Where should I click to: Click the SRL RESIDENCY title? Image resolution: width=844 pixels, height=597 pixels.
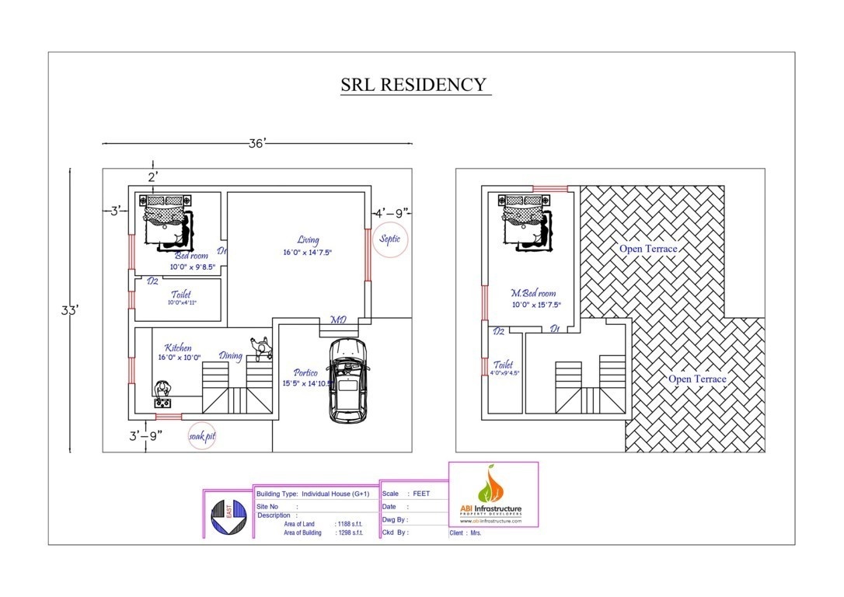(x=415, y=85)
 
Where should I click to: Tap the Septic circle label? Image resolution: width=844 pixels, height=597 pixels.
(x=390, y=239)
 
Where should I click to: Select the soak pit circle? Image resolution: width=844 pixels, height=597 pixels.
(x=201, y=436)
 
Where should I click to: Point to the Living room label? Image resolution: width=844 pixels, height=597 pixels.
(x=308, y=240)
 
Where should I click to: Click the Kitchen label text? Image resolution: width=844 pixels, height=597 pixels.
(x=177, y=348)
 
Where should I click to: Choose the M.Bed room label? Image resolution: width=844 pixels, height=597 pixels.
(x=533, y=293)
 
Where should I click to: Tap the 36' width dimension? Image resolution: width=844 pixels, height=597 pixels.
(x=257, y=143)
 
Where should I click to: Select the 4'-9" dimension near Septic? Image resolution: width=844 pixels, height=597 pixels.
(x=392, y=212)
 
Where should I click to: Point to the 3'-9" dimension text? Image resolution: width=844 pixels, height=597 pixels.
(x=145, y=435)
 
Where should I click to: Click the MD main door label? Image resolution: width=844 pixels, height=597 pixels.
(x=339, y=320)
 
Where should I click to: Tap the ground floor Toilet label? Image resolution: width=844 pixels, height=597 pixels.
(x=181, y=295)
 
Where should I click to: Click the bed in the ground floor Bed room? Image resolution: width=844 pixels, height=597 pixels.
(x=166, y=220)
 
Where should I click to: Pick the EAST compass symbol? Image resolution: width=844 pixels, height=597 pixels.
(x=228, y=516)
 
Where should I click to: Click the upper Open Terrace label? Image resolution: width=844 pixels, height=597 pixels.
(x=647, y=249)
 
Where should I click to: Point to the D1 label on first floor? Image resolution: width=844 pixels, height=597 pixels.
(x=555, y=330)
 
